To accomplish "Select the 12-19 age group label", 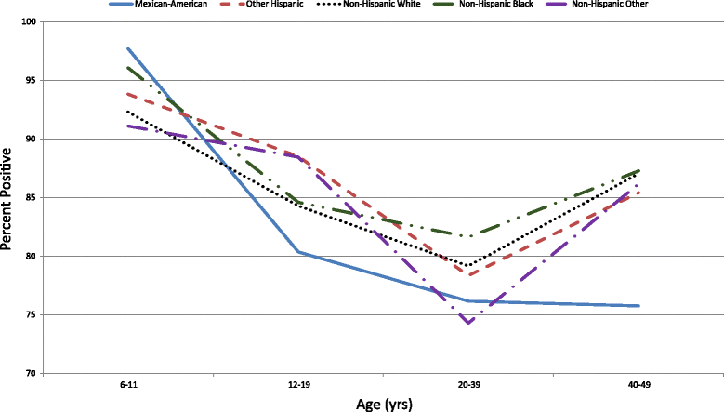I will [297, 385].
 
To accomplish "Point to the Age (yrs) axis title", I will [382, 404].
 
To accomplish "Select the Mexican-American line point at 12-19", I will [297, 252].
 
